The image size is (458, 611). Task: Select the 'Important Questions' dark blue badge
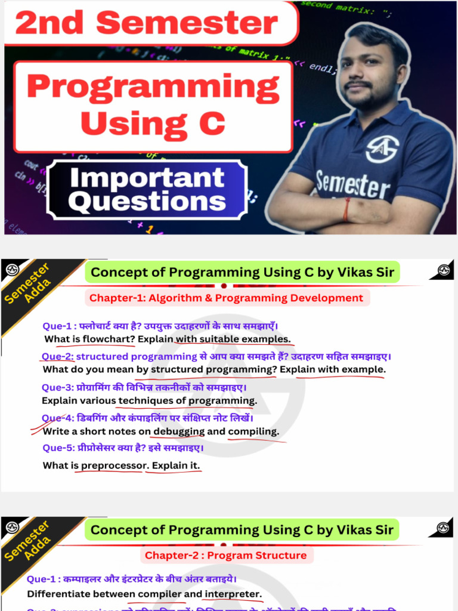pos(147,190)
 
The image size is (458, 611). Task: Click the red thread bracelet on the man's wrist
pos(347,209)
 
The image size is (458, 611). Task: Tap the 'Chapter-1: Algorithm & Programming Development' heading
pos(226,298)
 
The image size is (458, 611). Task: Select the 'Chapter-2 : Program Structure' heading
pos(225,556)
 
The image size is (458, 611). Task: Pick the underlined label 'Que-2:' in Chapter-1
pos(58,357)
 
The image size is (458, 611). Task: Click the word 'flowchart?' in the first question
pos(109,339)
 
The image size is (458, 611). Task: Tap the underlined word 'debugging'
pos(179,431)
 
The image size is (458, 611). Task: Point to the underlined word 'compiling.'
pos(253,431)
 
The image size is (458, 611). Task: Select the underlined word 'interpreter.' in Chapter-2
pos(233,594)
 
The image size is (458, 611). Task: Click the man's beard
pos(364,95)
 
